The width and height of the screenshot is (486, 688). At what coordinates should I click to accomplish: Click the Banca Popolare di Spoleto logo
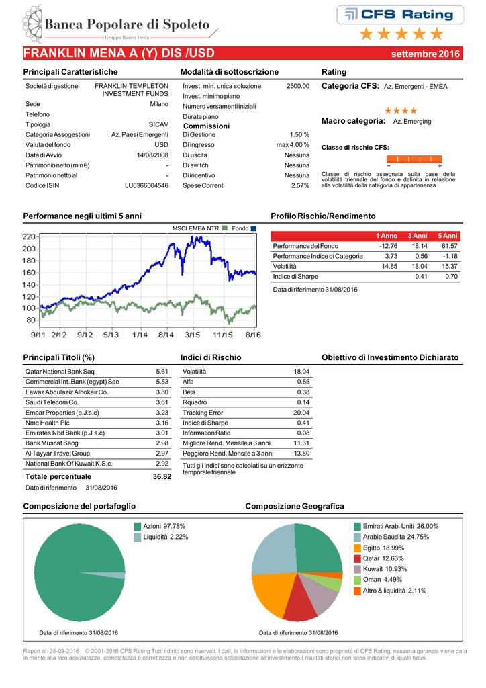pyautogui.click(x=119, y=25)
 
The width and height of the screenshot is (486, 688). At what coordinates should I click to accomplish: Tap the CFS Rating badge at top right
pyautogui.click(x=400, y=15)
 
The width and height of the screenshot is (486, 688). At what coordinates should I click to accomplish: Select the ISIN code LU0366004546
pyautogui.click(x=146, y=185)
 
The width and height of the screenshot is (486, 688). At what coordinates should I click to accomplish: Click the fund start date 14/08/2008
pyautogui.click(x=152, y=155)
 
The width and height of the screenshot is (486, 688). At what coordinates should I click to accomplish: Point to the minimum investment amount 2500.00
pyautogui.click(x=298, y=86)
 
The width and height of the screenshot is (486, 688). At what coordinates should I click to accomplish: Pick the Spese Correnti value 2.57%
pyautogui.click(x=300, y=185)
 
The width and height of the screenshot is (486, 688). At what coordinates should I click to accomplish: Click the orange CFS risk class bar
pyautogui.click(x=414, y=159)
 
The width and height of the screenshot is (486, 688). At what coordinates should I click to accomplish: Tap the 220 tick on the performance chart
pyautogui.click(x=29, y=237)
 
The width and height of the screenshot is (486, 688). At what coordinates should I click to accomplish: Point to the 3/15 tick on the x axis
pyautogui.click(x=193, y=335)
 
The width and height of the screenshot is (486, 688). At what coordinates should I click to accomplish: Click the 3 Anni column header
pyautogui.click(x=418, y=236)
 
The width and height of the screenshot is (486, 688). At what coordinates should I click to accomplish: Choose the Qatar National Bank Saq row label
pyautogui.click(x=60, y=371)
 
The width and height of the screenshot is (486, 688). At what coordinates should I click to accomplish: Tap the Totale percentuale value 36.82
pyautogui.click(x=162, y=476)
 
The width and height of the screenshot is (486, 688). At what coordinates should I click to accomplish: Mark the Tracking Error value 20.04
pyautogui.click(x=301, y=413)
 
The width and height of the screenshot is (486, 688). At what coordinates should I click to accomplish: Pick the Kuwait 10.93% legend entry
pyautogui.click(x=381, y=569)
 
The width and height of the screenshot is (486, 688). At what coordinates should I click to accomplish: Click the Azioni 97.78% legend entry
pyautogui.click(x=160, y=526)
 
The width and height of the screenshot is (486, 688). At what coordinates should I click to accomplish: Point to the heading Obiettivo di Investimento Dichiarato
pyautogui.click(x=390, y=357)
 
